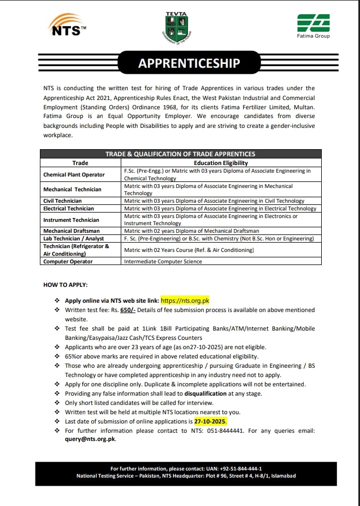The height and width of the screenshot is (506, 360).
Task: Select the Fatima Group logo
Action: [313, 26]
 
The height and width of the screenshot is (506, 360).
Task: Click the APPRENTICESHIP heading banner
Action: [189, 63]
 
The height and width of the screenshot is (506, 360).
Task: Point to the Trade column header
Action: [80, 163]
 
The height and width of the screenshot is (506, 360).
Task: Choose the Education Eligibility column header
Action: [221, 163]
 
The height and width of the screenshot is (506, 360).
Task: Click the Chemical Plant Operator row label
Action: [74, 175]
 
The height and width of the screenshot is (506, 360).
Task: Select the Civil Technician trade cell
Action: [62, 201]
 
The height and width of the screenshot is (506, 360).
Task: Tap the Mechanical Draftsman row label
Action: [71, 231]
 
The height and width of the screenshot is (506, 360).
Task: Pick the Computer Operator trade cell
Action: [68, 262]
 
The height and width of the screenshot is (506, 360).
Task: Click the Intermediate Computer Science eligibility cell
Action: [163, 262]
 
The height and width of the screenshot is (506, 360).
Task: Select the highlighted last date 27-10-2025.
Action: [210, 422]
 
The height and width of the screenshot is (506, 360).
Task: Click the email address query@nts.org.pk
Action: [91, 439]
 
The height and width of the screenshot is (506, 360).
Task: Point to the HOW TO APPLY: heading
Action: [65, 285]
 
